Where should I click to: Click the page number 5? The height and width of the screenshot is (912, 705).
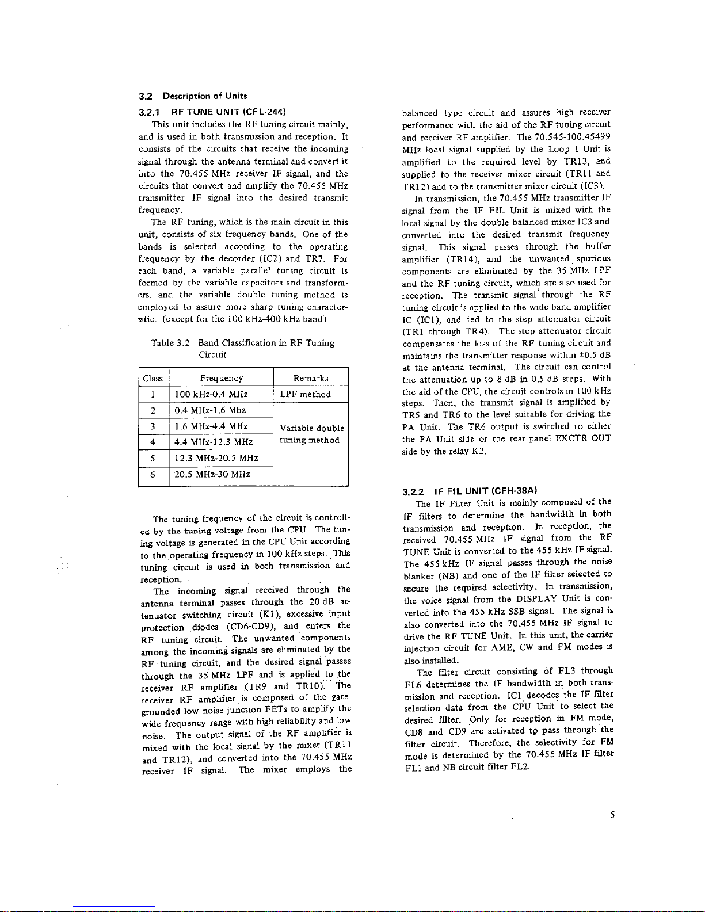coord(613,814)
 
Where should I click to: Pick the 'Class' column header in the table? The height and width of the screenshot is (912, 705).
coord(153,378)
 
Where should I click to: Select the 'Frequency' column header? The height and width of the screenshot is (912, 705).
coord(221,378)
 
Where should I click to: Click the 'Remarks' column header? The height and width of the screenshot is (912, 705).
coord(311,378)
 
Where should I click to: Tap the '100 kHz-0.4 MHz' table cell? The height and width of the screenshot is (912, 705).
coord(212,394)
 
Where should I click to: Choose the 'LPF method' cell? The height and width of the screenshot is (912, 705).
coord(305,394)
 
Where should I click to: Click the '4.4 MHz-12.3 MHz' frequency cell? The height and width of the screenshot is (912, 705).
coord(214,442)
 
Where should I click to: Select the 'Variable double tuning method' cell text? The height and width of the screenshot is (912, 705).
coord(311,434)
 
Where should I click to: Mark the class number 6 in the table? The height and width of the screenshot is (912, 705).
coord(153,475)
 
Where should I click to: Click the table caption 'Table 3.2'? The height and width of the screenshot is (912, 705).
coord(166,343)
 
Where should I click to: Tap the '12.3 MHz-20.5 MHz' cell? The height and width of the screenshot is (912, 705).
coord(216,459)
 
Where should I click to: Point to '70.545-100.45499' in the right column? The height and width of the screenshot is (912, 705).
coord(572,137)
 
